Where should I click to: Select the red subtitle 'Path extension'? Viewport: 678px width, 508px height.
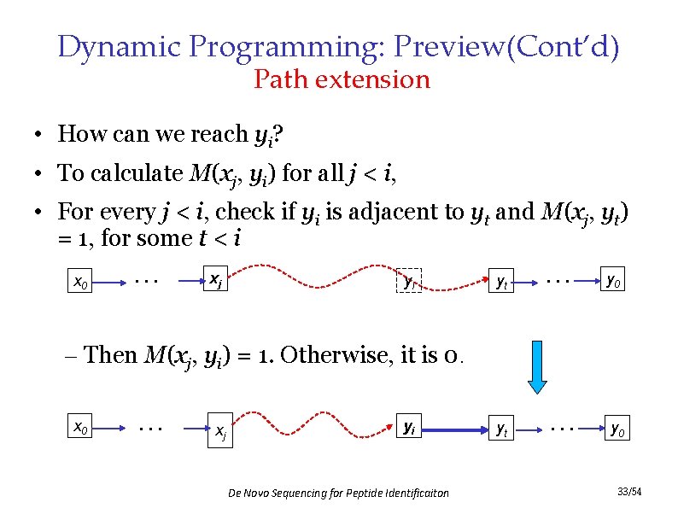(342, 80)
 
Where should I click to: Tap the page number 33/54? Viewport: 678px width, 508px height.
(629, 492)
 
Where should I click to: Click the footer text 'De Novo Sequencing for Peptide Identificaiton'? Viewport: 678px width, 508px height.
(339, 493)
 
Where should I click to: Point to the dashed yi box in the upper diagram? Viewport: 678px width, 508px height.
(409, 280)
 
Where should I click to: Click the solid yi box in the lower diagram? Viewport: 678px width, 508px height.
(409, 425)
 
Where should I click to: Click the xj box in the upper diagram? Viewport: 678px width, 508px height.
(217, 278)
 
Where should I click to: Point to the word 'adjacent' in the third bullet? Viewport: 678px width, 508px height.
(408, 211)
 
